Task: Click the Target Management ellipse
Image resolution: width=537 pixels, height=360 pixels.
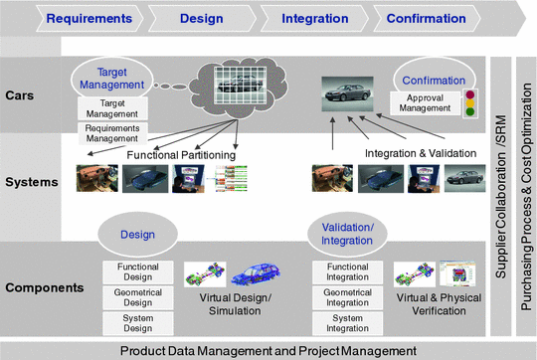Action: (x=120, y=79)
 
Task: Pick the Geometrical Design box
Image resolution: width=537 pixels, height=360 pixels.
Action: (x=138, y=295)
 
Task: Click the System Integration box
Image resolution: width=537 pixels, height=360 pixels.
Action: (x=347, y=321)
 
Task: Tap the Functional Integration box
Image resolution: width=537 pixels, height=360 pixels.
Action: (x=347, y=270)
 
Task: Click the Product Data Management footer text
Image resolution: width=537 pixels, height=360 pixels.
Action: (x=268, y=350)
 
